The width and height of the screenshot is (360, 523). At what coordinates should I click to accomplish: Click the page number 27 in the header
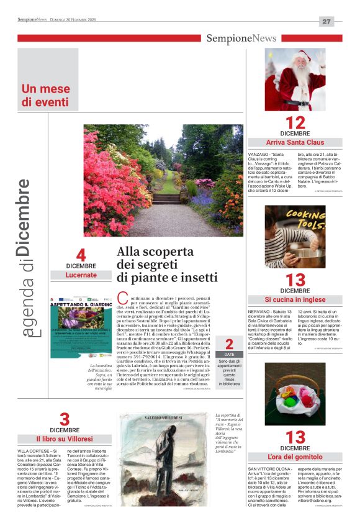click(327, 21)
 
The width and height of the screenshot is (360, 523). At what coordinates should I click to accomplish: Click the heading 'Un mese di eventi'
click(45, 94)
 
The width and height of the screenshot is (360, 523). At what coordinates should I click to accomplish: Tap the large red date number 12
click(295, 122)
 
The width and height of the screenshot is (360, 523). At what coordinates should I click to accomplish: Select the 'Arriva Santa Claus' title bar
click(295, 142)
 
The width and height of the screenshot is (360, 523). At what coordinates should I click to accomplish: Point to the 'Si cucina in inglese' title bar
click(295, 299)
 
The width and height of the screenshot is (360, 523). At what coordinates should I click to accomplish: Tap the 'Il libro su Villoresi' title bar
click(65, 439)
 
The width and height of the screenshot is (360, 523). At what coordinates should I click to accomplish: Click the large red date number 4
click(81, 255)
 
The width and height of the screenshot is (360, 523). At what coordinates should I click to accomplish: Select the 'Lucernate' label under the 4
click(81, 275)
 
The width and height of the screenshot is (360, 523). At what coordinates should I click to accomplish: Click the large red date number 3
click(65, 419)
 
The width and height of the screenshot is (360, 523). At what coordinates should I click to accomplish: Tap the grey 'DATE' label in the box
click(229, 353)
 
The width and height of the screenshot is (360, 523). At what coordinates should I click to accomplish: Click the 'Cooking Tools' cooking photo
click(295, 237)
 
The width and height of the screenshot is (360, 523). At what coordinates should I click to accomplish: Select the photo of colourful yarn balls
click(295, 394)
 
